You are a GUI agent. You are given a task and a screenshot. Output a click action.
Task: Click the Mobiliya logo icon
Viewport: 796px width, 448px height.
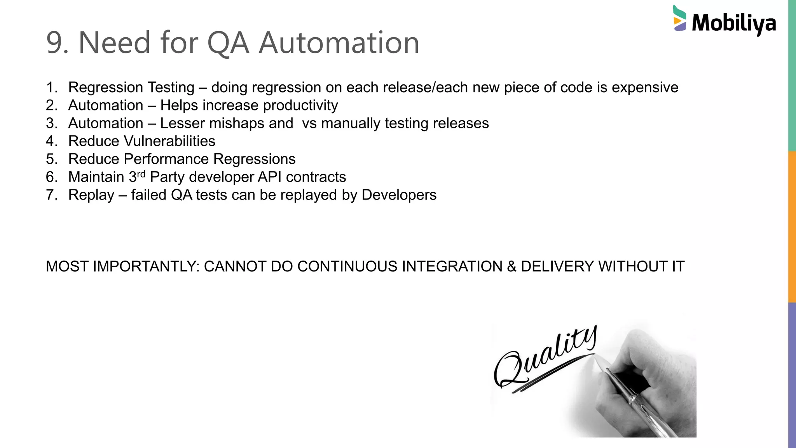pyautogui.click(x=680, y=18)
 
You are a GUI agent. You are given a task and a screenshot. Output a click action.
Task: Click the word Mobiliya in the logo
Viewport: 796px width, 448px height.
pyautogui.click(x=734, y=23)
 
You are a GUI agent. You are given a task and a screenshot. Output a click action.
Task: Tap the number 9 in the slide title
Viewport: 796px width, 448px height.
pyautogui.click(x=54, y=42)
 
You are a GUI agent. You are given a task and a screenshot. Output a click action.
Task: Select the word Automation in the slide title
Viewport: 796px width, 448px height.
pyautogui.click(x=339, y=42)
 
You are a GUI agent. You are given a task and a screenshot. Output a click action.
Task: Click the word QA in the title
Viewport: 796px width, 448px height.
pyautogui.click(x=228, y=42)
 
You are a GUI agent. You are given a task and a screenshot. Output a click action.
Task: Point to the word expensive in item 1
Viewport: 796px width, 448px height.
pyautogui.click(x=645, y=87)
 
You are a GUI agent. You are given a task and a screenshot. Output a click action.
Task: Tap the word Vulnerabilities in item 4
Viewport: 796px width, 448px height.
pyautogui.click(x=169, y=141)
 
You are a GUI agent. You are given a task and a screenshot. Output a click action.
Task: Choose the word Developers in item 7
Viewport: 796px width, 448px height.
pyautogui.click(x=399, y=195)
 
